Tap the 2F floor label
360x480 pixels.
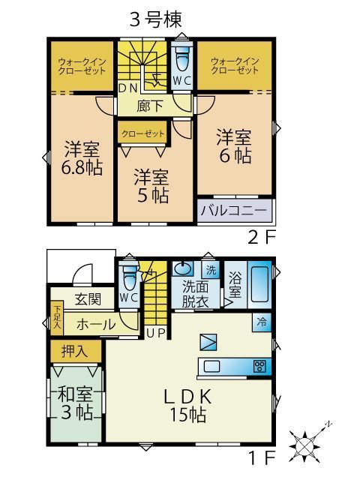pyautogui.click(x=263, y=238)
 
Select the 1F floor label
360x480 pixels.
pyautogui.click(x=263, y=454)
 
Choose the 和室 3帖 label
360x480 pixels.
pyautogui.click(x=75, y=402)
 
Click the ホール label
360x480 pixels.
pyautogui.click(x=95, y=325)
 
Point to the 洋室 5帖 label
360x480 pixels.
pyautogui.click(x=151, y=186)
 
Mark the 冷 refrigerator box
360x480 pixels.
pyautogui.click(x=262, y=322)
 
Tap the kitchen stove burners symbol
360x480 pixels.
pyautogui.click(x=259, y=367)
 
